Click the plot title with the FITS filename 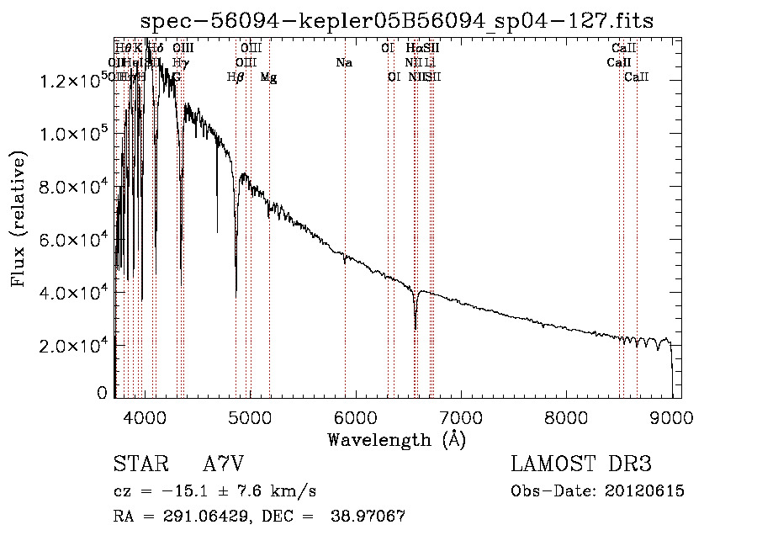(397, 20)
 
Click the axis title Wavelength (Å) (396, 439)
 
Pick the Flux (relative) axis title (19, 219)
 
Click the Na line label (343, 63)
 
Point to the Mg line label (268, 77)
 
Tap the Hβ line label (236, 77)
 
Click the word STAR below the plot (139, 464)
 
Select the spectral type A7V (223, 464)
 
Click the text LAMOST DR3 (581, 464)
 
